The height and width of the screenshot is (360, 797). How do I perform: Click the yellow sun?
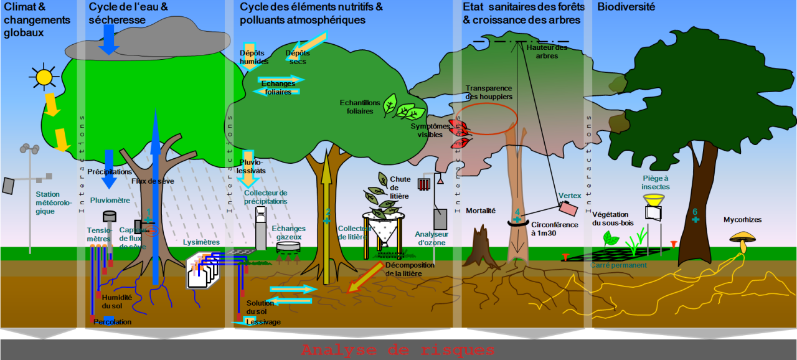(x=44, y=77)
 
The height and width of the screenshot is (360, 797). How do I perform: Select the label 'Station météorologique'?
(x=54, y=203)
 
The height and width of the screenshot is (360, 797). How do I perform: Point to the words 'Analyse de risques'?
(x=398, y=350)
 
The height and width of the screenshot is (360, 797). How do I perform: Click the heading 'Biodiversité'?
(x=626, y=7)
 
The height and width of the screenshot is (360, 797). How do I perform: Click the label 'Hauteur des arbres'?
(x=547, y=51)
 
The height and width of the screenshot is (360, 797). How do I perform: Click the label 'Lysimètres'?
(x=202, y=242)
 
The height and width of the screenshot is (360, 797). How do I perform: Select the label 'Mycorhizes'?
(x=742, y=220)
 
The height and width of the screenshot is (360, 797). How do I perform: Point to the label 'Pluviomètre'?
(x=110, y=201)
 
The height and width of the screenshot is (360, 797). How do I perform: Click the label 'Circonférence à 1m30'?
(x=554, y=229)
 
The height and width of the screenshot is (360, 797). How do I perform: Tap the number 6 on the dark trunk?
(x=695, y=212)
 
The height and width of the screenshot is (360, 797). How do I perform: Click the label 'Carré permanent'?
(x=618, y=265)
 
